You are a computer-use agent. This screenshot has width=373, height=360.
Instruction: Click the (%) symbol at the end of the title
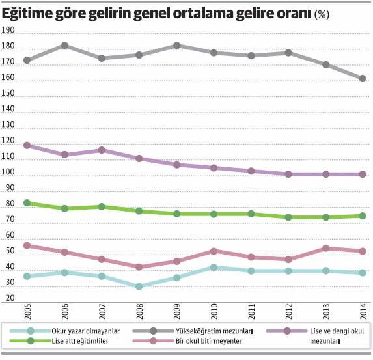tap(322, 14)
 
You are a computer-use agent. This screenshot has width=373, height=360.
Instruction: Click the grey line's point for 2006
tap(64, 46)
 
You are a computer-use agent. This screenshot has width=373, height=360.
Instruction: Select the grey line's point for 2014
tap(363, 79)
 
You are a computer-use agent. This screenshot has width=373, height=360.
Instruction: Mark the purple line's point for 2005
tap(27, 145)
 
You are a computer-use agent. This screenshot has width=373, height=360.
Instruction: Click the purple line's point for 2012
tap(288, 174)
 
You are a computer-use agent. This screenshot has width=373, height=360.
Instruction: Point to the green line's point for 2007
tap(102, 206)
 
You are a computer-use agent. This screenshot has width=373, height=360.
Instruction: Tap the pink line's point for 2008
tap(139, 267)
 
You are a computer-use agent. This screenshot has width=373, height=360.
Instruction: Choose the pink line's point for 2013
tap(325, 248)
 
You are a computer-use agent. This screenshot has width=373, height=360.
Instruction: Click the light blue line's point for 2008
tap(139, 286)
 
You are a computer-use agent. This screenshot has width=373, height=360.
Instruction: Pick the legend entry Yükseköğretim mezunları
tap(195, 331)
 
